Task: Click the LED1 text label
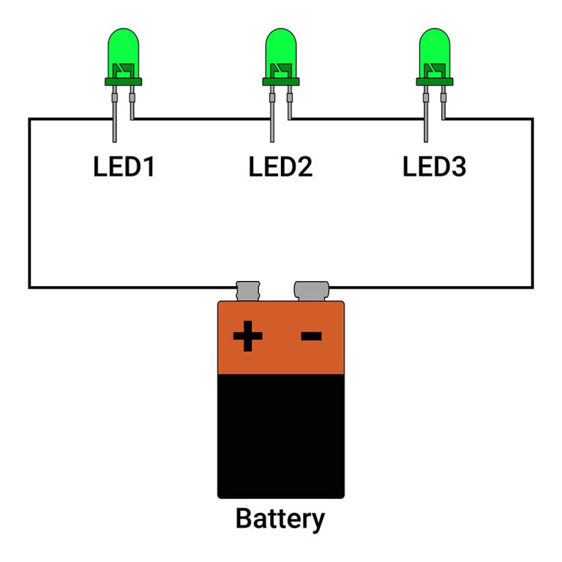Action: (x=124, y=167)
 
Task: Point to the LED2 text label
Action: (x=280, y=167)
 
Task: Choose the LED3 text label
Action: (x=435, y=167)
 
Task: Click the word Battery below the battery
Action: (x=280, y=519)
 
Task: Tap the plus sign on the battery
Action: (x=247, y=337)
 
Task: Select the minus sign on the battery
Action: (x=312, y=336)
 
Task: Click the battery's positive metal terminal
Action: (x=248, y=290)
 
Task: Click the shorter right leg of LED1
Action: (x=132, y=106)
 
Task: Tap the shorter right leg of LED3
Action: (x=443, y=106)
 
